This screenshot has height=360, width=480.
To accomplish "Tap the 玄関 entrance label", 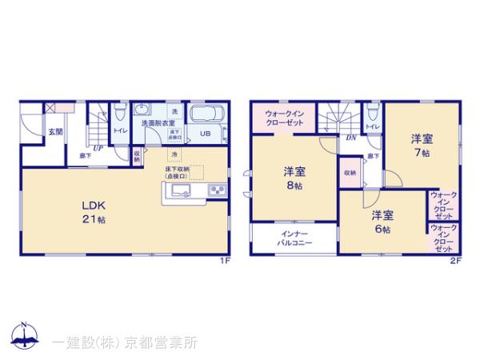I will pyautogui.click(x=54, y=131).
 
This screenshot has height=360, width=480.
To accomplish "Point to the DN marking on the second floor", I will pyautogui.click(x=350, y=137).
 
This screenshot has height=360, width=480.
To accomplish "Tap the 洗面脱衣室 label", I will pyautogui.click(x=160, y=124).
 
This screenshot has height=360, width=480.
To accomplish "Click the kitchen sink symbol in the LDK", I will pyautogui.click(x=178, y=190).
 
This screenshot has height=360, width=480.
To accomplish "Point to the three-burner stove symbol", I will pyautogui.click(x=217, y=190).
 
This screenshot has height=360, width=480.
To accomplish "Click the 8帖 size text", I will pyautogui.click(x=294, y=186).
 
